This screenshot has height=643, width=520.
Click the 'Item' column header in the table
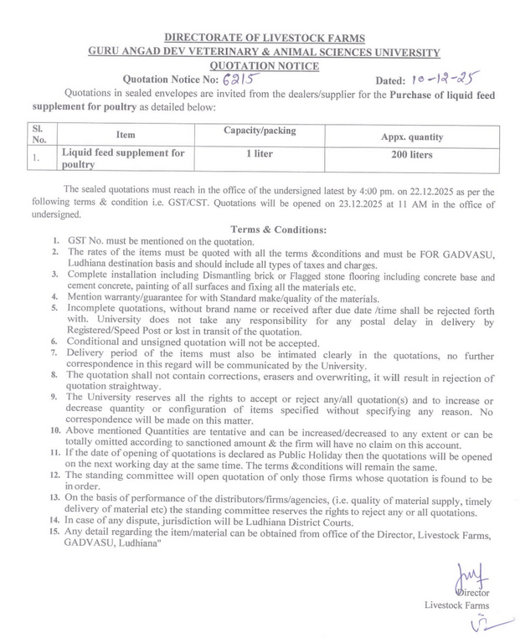126,135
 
